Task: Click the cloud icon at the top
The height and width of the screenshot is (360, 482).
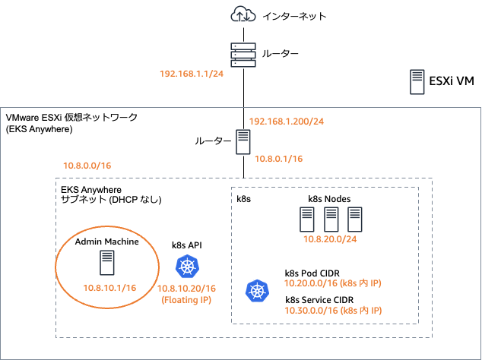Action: coord(243,14)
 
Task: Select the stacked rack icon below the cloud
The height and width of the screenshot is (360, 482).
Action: coord(243,55)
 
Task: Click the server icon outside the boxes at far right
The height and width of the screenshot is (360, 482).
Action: coord(417,81)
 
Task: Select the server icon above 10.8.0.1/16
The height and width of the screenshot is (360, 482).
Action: coord(243,143)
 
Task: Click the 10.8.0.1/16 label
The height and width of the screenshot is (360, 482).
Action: coord(278,159)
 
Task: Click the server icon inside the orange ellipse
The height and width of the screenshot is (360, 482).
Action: coord(107,263)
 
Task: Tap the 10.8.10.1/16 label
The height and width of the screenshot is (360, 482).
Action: coord(109,288)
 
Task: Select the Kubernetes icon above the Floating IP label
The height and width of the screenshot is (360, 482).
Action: coord(187,267)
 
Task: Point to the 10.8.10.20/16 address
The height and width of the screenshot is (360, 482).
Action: coord(187,289)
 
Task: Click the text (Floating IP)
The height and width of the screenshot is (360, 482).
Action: coord(187,299)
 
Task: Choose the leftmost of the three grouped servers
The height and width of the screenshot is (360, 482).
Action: coord(306,219)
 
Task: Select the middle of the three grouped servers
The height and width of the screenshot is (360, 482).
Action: coord(331,219)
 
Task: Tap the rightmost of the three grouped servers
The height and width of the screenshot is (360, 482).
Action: coord(354,219)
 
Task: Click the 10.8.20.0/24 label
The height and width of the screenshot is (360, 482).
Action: coord(330,239)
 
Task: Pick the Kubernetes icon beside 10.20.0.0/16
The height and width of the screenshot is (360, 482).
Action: coord(256,291)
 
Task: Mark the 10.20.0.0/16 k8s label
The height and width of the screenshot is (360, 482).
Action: coord(332,283)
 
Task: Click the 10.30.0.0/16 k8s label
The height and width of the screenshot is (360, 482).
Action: coord(332,310)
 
